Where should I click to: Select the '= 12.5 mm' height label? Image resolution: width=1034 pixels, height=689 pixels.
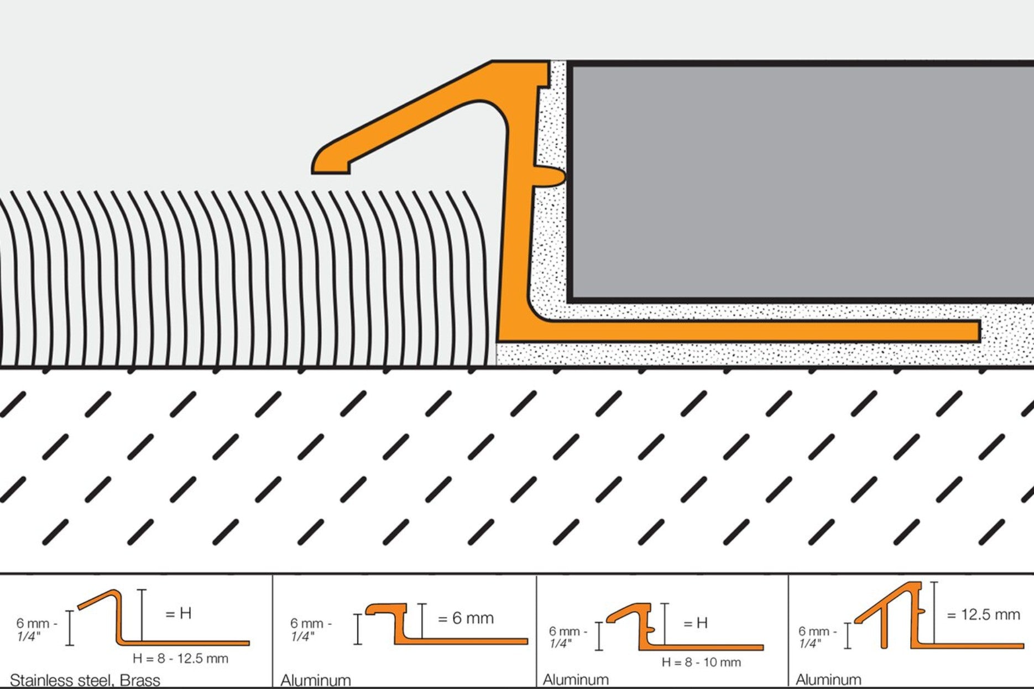(983, 614)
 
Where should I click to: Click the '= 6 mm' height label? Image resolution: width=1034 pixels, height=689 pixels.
(466, 618)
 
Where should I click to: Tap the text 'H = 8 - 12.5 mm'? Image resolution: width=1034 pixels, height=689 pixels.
(180, 658)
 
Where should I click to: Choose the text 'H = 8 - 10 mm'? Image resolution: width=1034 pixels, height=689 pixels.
(701, 662)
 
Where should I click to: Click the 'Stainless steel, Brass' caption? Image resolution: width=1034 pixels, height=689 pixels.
(85, 680)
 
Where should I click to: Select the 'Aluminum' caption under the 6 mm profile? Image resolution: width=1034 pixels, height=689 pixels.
(316, 680)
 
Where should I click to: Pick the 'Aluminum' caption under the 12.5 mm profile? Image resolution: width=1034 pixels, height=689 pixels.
(828, 680)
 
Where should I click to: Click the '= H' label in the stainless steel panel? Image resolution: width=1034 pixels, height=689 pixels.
(179, 613)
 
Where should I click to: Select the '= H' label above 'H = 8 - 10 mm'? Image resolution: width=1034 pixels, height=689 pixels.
(696, 623)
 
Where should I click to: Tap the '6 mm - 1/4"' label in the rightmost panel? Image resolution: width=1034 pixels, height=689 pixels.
(816, 636)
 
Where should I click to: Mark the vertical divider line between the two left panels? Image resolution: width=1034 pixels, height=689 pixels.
(272, 630)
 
